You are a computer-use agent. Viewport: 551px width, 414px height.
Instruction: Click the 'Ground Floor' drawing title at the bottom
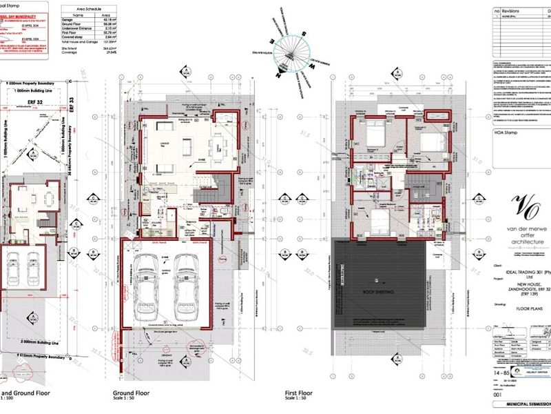point(128,395)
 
